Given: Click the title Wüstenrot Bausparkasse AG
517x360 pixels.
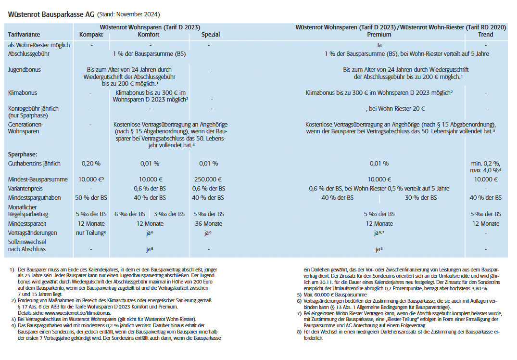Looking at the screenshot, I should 51,14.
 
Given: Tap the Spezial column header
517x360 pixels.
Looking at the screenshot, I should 211,35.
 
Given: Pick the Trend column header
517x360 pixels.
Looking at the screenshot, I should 486,35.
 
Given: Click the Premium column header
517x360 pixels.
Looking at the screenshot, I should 379,35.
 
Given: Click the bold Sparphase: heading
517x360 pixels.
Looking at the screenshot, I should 24,154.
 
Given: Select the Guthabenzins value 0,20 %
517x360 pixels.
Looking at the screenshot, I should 91,164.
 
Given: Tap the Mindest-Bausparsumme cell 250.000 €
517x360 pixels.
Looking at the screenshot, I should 210,179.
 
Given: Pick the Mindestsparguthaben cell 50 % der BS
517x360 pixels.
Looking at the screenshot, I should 91,198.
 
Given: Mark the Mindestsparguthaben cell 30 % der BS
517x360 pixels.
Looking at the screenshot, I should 421,198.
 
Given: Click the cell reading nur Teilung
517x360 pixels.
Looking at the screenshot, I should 90,233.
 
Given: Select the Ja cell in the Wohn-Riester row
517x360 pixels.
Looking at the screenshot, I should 379,45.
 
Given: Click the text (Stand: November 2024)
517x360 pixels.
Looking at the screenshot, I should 129,15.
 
